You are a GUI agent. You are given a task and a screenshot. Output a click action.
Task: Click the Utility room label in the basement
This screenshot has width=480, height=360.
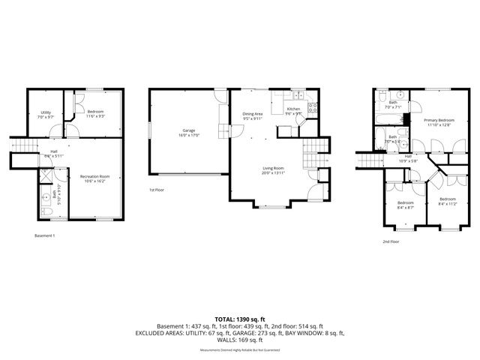(x=46, y=112)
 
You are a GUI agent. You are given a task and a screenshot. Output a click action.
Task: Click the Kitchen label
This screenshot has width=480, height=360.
(x=294, y=109)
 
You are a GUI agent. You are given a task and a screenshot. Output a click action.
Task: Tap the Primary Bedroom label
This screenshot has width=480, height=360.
(x=439, y=120)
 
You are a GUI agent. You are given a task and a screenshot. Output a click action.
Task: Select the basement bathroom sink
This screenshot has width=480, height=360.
(x=46, y=188)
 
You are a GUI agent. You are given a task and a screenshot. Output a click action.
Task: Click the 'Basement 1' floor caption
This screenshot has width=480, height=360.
(x=45, y=235)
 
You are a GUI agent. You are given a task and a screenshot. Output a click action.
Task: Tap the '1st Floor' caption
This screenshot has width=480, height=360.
(x=157, y=189)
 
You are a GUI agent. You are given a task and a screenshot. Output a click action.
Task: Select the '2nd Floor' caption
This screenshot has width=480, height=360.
(x=391, y=242)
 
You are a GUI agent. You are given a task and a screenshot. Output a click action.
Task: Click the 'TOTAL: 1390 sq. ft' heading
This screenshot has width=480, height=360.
(x=239, y=319)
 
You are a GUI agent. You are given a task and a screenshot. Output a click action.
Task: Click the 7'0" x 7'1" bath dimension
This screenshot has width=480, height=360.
(x=392, y=107)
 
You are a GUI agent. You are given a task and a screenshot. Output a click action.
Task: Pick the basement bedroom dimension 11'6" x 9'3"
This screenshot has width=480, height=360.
(x=95, y=116)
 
